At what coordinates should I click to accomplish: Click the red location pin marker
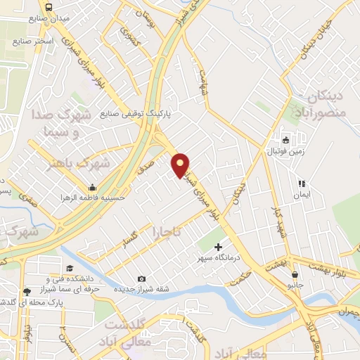181,165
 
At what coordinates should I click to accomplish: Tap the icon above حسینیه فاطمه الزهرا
92,187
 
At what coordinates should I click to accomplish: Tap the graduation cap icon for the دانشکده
70,269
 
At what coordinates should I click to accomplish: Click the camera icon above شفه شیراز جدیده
142,278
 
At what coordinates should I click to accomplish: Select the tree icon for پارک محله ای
27,291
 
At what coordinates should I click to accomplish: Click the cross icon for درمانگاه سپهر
218,247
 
